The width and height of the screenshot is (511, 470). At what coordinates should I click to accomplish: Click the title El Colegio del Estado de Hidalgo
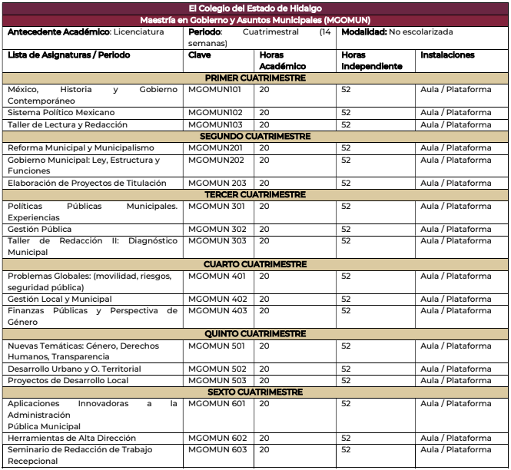pyautogui.click(x=255, y=8)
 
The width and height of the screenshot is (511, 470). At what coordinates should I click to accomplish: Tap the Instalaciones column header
pyautogui.click(x=447, y=55)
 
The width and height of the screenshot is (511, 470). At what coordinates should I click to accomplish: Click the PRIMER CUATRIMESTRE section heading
pyautogui.click(x=255, y=78)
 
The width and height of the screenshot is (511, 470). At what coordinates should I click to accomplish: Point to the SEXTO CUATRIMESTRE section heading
pyautogui.click(x=255, y=392)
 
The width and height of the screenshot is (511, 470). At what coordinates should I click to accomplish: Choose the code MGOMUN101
pyautogui.click(x=215, y=90)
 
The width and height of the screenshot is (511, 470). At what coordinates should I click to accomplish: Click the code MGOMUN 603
pyautogui.click(x=217, y=450)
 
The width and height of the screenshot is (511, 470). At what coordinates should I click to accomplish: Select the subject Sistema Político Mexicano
pyautogui.click(x=61, y=113)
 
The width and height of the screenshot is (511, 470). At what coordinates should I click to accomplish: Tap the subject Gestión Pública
pyautogui.click(x=40, y=229)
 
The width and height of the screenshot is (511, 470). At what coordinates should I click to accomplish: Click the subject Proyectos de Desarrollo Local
pyautogui.click(x=68, y=380)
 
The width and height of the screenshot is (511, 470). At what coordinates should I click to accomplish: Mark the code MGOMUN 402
pyautogui.click(x=217, y=299)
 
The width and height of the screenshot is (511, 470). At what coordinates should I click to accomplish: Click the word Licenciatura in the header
pyautogui.click(x=138, y=32)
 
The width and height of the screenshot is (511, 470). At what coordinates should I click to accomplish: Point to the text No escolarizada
pyautogui.click(x=421, y=32)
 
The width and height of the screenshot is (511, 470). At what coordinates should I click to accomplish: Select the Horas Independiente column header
pyautogui.click(x=372, y=61)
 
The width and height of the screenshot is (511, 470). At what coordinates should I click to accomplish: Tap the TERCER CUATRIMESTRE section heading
pyautogui.click(x=255, y=194)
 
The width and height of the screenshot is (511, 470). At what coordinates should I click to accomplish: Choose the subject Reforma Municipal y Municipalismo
pyautogui.click(x=81, y=147)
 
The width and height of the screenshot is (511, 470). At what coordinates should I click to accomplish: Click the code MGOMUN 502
pyautogui.click(x=217, y=369)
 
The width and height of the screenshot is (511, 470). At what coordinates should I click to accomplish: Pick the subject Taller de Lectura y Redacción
pyautogui.click(x=68, y=124)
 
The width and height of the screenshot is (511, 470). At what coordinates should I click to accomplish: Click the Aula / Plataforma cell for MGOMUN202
pyautogui.click(x=456, y=160)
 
